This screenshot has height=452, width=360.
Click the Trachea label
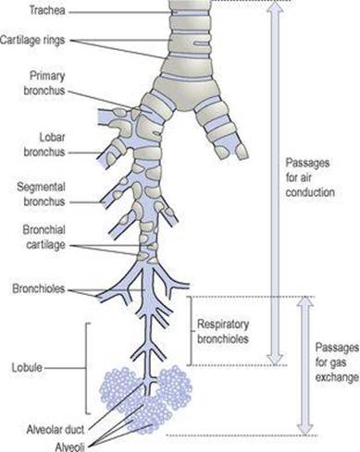click(x=47, y=11)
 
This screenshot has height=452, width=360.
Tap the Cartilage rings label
click(x=32, y=40)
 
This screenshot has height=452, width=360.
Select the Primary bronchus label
click(x=44, y=83)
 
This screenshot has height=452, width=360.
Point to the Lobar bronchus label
click(x=44, y=145)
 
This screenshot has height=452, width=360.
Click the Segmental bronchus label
click(x=41, y=194)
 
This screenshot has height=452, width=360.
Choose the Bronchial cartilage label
click(x=44, y=238)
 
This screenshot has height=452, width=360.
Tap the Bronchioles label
click(x=39, y=289)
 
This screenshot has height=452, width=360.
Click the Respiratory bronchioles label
click(x=223, y=332)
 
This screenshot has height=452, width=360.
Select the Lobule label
click(x=27, y=368)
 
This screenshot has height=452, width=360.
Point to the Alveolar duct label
click(x=56, y=429)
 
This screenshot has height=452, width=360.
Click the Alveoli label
click(x=69, y=446)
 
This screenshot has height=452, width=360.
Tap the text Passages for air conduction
click(x=310, y=177)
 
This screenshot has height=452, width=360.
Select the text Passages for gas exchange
click(x=337, y=362)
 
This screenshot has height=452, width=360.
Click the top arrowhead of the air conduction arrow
click(x=275, y=7)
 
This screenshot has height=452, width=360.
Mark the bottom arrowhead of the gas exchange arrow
click(x=305, y=428)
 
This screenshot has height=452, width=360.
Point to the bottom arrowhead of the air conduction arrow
click(x=275, y=359)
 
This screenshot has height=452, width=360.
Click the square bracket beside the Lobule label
click(x=86, y=368)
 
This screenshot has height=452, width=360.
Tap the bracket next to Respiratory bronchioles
click(x=192, y=331)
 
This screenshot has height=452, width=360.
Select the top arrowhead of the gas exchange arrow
click(x=305, y=302)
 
